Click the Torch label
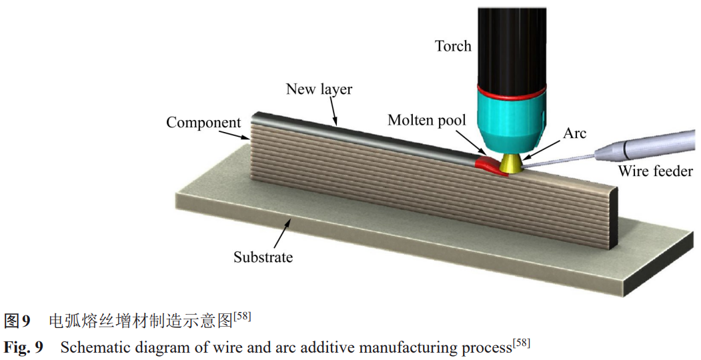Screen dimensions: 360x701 point(453,46)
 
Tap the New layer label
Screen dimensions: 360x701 point(319,89)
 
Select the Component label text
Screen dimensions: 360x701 point(203,123)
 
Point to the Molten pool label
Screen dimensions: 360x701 point(427,120)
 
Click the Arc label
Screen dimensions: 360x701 point(574,133)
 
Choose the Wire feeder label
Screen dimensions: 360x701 point(655,171)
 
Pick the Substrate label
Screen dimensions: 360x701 point(263,257)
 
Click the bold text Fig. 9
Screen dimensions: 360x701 point(23,347)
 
